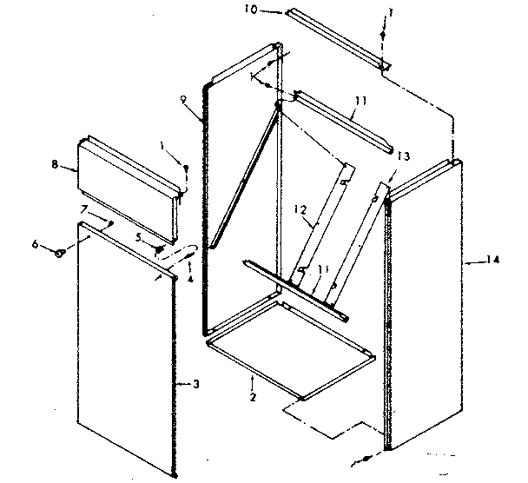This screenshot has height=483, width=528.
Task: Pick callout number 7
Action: (x=84, y=208)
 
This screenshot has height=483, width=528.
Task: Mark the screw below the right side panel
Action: (x=369, y=454)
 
